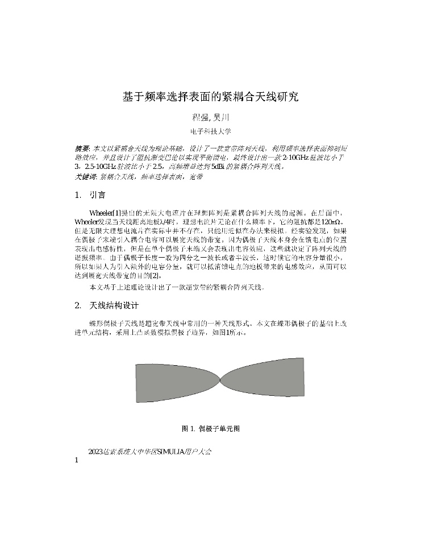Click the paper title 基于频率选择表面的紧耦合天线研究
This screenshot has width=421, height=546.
210,97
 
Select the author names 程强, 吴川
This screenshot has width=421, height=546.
210,118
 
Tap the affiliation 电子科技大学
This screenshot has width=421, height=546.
210,131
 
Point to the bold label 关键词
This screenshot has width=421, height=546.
86,177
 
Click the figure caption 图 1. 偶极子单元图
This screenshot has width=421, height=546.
210,428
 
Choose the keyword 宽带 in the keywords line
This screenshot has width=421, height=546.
196,177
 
